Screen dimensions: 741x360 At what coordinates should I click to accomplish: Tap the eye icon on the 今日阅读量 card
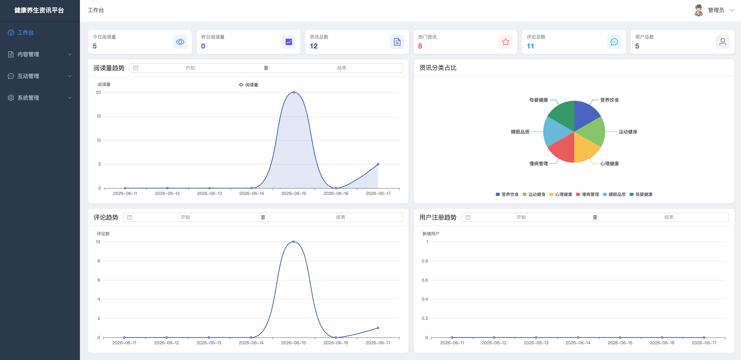click(x=180, y=42)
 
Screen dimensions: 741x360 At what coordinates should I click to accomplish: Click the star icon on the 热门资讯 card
click(x=506, y=42)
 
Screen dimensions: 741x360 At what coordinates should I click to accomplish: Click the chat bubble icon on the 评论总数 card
click(x=614, y=42)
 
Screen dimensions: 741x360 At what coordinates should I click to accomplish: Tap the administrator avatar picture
click(x=699, y=10)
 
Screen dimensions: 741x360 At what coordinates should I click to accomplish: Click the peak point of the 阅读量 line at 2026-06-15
click(x=294, y=92)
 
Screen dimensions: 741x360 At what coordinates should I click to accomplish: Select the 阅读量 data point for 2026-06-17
click(x=378, y=164)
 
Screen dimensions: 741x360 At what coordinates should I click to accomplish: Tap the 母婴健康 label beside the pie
click(x=538, y=100)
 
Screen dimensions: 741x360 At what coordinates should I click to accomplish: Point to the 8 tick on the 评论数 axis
click(x=99, y=261)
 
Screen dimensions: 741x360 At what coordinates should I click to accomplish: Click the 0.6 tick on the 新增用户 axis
click(x=425, y=280)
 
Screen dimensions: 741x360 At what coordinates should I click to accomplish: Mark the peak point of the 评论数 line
click(x=293, y=241)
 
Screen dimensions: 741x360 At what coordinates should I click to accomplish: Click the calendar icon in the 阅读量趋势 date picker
click(x=136, y=68)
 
